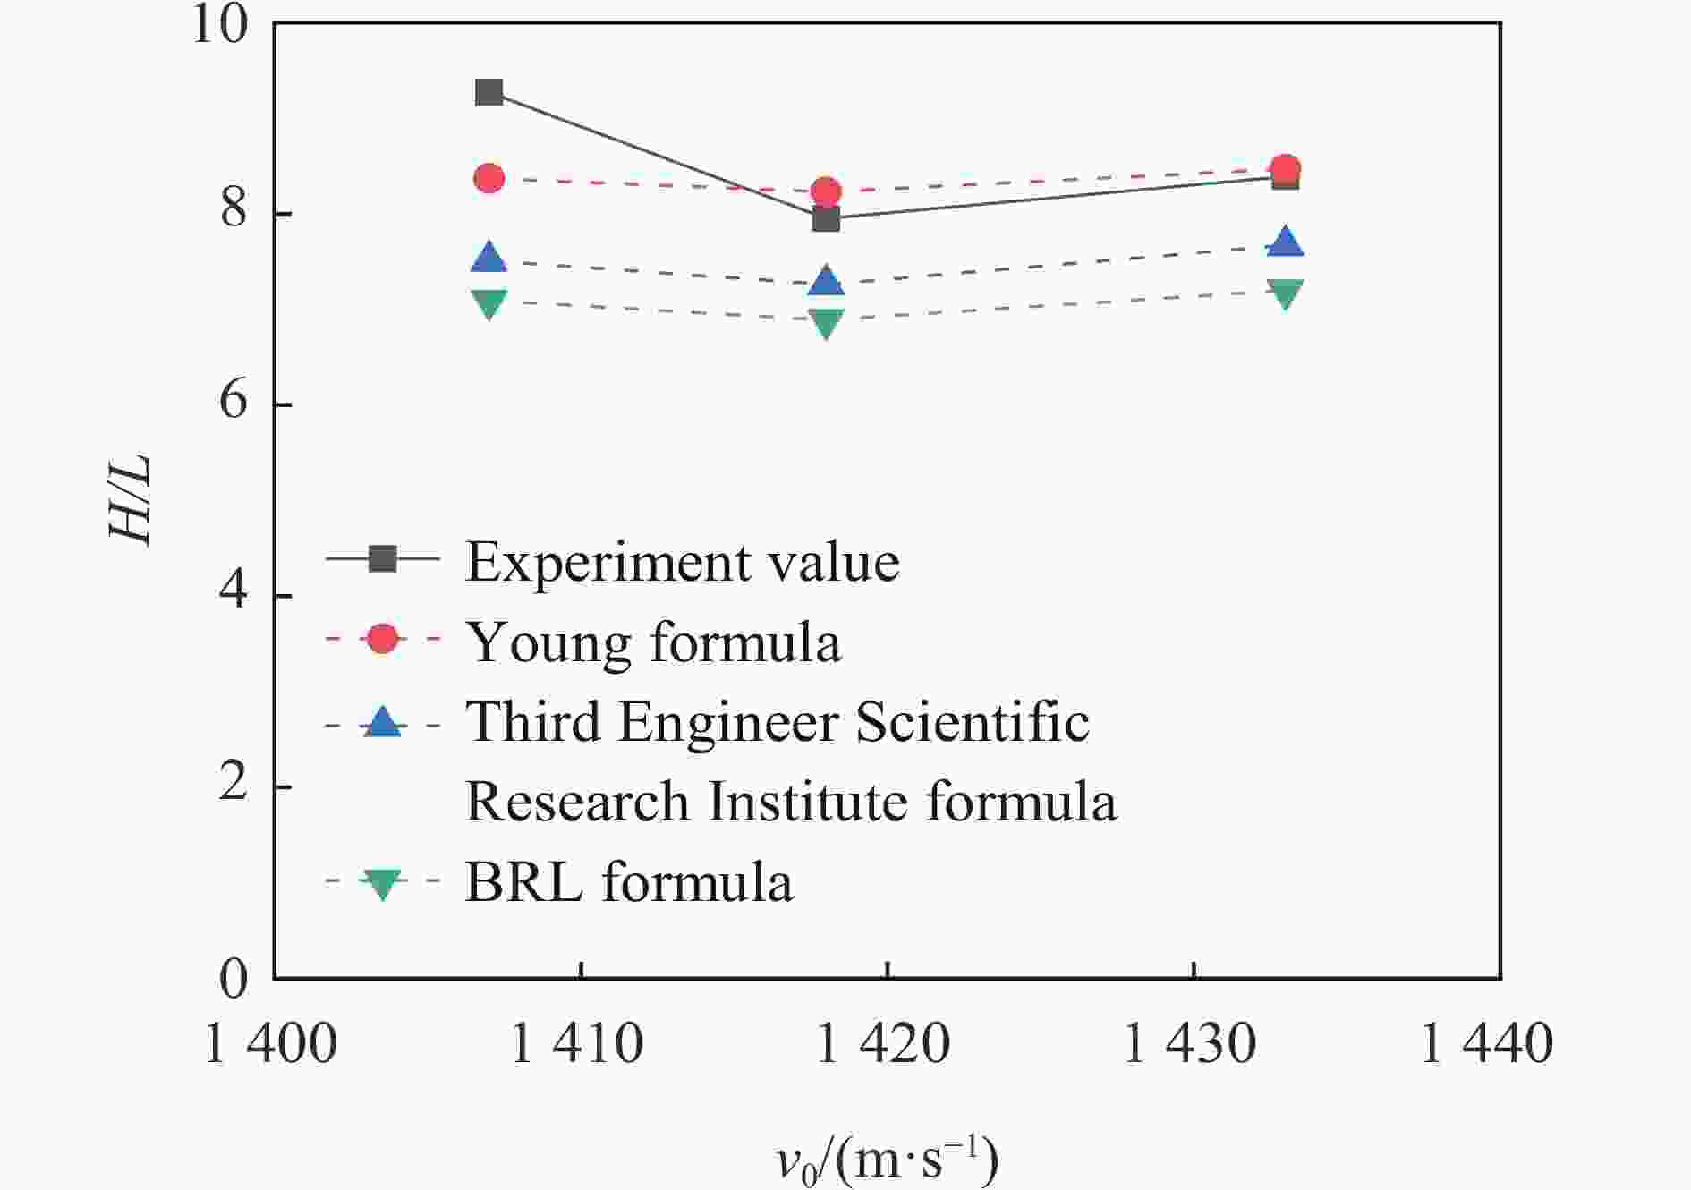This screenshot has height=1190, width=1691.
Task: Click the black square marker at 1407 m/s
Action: tap(489, 92)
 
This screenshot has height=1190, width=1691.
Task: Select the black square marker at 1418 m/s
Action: tap(826, 218)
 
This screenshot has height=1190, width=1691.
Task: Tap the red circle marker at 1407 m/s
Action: tap(489, 178)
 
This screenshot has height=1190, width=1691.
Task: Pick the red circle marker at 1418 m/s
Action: tap(826, 191)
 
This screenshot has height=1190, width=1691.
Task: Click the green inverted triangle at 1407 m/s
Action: tap(489, 302)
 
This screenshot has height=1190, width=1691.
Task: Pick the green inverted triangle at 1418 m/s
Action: tap(826, 322)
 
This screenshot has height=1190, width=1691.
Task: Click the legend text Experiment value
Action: tap(682, 562)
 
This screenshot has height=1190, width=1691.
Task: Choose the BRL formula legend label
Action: tap(628, 882)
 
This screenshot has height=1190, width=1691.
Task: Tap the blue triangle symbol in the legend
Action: tap(383, 721)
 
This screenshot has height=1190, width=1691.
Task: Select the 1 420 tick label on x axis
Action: tap(884, 1043)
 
